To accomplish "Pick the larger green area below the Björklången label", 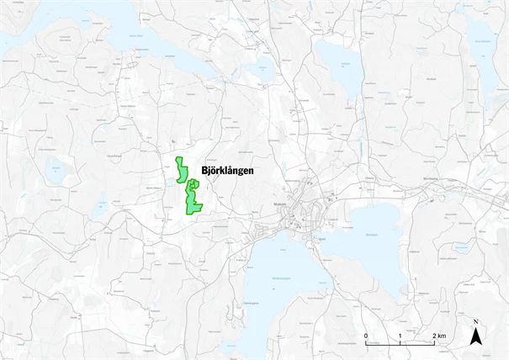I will [x=194, y=199].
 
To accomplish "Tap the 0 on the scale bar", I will [x=366, y=336].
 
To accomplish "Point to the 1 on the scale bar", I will [x=400, y=336].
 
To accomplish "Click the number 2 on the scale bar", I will [x=434, y=336].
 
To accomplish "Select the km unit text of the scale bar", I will [x=443, y=336].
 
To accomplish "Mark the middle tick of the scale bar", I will [x=400, y=344].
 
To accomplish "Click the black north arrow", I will [x=475, y=337].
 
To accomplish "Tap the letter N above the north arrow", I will [x=475, y=322].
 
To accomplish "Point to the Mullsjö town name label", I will [x=281, y=204].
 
